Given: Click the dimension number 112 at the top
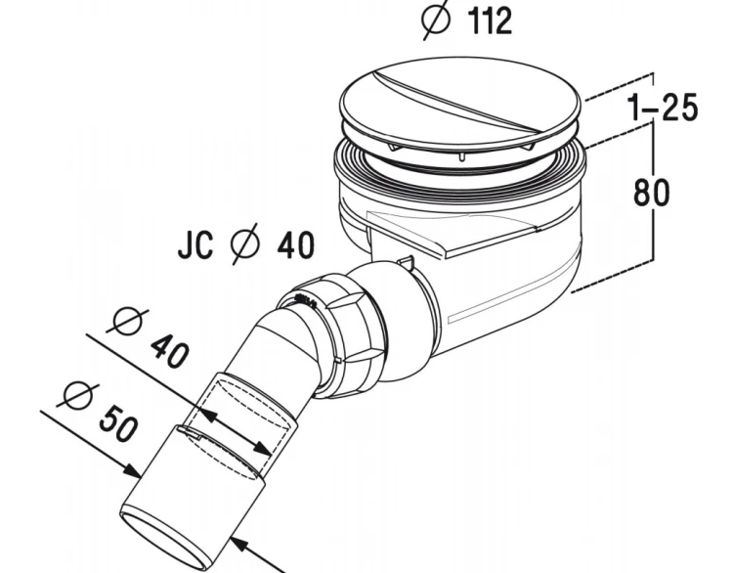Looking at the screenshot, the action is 490,22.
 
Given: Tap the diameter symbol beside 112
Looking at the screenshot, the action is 436,19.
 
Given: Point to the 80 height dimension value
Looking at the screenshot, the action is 651,193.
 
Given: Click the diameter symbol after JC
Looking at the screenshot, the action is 245,243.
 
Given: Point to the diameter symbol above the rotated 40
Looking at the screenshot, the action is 128,322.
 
